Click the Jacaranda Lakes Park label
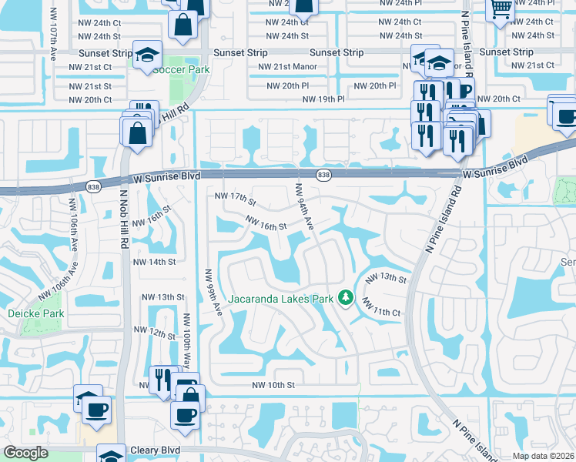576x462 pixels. pyautogui.click(x=280, y=298)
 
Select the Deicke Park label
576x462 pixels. pyautogui.click(x=35, y=313)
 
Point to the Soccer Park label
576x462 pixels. pyautogui.click(x=181, y=69)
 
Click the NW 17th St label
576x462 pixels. pyautogui.click(x=235, y=199)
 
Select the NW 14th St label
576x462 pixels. pyautogui.click(x=155, y=262)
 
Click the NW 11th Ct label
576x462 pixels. pyautogui.click(x=382, y=308)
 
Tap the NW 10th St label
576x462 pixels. pyautogui.click(x=274, y=385)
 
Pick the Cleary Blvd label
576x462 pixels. pyautogui.click(x=155, y=450)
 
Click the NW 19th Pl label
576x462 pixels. pyautogui.click(x=323, y=99)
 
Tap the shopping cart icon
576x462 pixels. pyautogui.click(x=501, y=10)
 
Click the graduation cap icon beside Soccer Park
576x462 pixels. pyautogui.click(x=146, y=55)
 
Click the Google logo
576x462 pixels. pyautogui.click(x=25, y=453)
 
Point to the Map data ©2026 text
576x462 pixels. pyautogui.click(x=543, y=456)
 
